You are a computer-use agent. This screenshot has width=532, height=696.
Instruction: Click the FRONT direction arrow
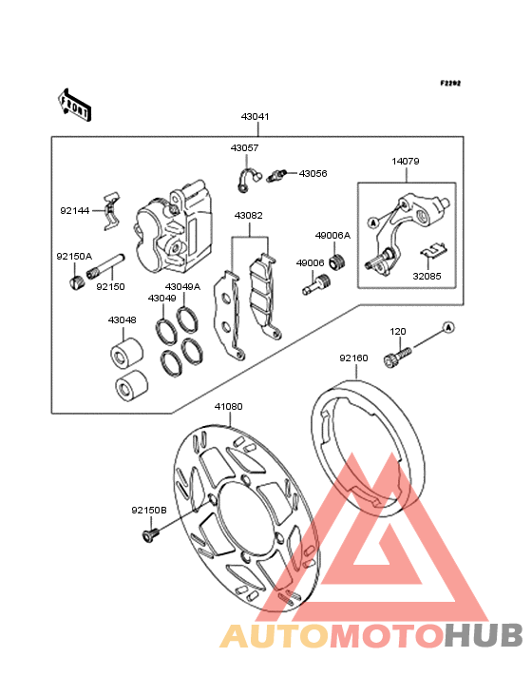tap(74, 105)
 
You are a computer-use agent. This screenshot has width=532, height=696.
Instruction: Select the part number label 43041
tap(255, 117)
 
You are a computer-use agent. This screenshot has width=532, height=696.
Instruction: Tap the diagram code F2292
tap(450, 83)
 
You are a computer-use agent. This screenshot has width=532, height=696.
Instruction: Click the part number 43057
tap(244, 147)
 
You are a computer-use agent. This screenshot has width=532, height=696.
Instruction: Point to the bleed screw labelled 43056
tap(277, 175)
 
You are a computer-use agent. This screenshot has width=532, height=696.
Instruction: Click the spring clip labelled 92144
tap(111, 210)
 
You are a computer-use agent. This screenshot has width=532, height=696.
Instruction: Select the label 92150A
tap(74, 257)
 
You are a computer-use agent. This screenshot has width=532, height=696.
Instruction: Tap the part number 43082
tap(248, 216)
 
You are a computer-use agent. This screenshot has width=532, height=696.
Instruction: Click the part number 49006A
tap(332, 235)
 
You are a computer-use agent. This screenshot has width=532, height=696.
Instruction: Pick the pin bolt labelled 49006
tap(316, 284)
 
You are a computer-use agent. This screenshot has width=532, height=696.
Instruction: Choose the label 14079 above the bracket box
tap(406, 162)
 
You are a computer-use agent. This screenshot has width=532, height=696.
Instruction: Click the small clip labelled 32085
tap(434, 251)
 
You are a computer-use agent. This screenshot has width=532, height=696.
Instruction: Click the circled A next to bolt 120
tap(448, 328)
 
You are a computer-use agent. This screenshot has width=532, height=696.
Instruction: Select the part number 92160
tap(353, 358)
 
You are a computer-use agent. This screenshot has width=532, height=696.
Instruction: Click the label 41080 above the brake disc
tap(228, 407)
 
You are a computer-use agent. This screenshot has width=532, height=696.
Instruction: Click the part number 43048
tap(122, 320)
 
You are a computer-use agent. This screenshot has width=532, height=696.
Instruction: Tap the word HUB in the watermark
tap(484, 635)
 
